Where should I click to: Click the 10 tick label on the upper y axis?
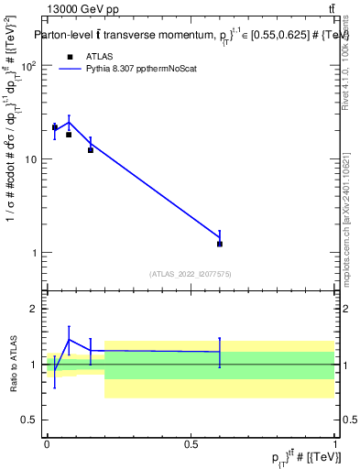32,159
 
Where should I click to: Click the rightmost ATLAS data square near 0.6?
220,244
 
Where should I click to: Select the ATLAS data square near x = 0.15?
91,149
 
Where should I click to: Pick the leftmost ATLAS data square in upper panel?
55,127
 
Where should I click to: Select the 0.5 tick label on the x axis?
191,443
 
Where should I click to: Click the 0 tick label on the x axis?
47,443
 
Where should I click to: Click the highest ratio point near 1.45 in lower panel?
69,340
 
